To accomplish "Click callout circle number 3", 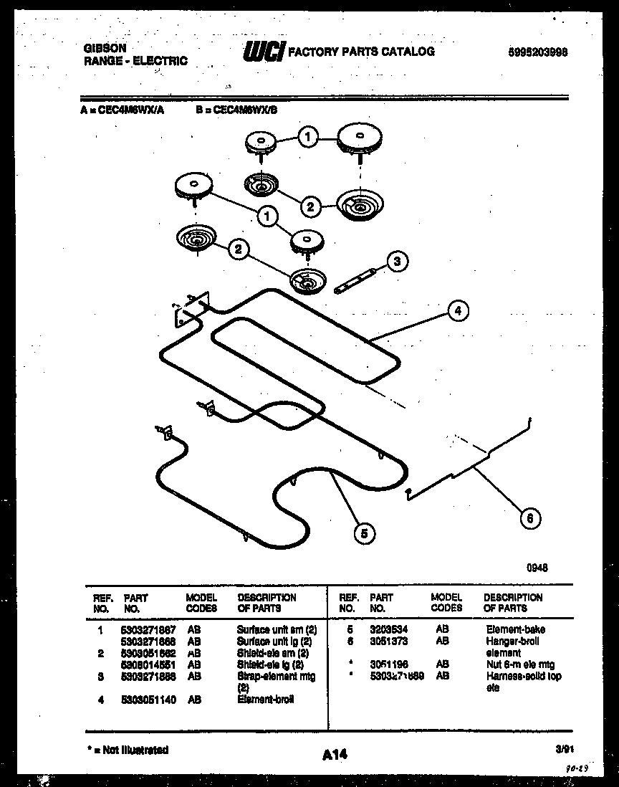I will click(x=398, y=262).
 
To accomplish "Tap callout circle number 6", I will click(x=529, y=518).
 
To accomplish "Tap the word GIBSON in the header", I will click(x=105, y=48).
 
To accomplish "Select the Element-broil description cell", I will click(x=265, y=699).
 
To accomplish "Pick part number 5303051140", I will click(x=148, y=699).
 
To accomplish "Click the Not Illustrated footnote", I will click(x=128, y=750).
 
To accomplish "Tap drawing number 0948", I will click(x=537, y=566).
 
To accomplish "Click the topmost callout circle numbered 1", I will click(x=308, y=137).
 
